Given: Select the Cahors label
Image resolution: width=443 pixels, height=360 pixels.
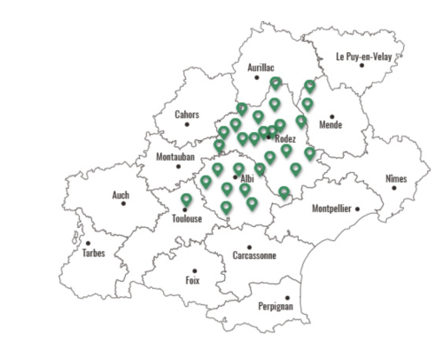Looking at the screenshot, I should click(187, 114).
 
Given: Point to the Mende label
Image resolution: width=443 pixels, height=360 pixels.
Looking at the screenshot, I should click(330, 125).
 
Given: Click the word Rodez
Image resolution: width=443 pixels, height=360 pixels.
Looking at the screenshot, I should click(285, 139).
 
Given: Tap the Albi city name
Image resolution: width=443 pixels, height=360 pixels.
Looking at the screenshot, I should click(247, 178).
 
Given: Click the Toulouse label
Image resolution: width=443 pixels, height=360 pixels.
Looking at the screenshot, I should click(187, 218).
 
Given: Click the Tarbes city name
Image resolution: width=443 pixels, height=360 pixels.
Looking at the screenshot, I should click(93, 253).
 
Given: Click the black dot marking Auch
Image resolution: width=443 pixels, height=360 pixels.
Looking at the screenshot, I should click(124, 203).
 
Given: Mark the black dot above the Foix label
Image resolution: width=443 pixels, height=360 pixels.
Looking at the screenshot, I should click(194, 270).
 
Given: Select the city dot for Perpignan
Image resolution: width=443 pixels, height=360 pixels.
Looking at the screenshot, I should click(287, 298).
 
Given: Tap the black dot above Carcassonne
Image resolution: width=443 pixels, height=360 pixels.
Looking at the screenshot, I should click(250, 247).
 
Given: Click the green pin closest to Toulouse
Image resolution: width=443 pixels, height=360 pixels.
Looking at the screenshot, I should click(186, 200).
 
